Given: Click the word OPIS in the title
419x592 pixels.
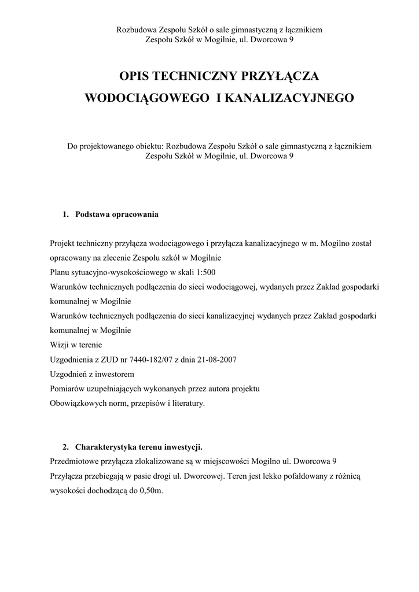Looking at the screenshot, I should [137, 76].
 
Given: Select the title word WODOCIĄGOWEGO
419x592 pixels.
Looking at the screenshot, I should [147, 98].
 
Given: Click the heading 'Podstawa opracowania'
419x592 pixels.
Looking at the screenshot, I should [117, 214].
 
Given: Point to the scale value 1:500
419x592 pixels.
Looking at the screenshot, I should [205, 272].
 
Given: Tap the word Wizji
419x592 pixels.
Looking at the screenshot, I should [60, 345].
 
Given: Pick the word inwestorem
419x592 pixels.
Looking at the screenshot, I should [116, 374].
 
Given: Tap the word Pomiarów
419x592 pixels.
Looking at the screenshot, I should [67, 388].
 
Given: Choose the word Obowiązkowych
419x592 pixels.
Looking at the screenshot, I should [76, 403].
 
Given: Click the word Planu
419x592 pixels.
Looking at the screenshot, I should [60, 272].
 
